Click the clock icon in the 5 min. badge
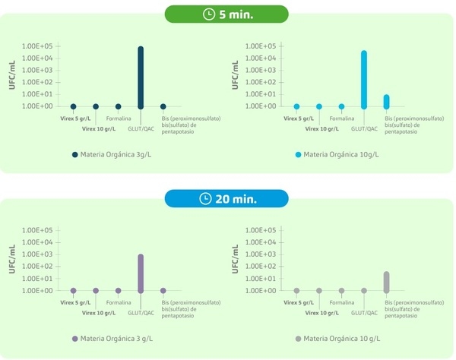pos(210,14)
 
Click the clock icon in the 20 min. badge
pos(205,199)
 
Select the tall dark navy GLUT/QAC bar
pos(141,76)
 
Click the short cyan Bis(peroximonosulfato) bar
pos(386,101)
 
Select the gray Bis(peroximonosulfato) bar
pos(386,282)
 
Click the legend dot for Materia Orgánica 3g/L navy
pos(75,154)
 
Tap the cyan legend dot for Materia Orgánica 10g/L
pos(299,154)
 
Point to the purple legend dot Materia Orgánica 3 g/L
pos(74,339)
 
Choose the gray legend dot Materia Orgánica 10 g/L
pos(298,339)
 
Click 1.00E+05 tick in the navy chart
pos(36,46)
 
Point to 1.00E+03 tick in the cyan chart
pos(260,71)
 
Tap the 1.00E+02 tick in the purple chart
pos(36,267)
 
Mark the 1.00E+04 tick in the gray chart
pos(260,242)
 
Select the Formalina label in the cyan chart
pos(341,118)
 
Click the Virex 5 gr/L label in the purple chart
pos(74,303)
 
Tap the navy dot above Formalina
pos(119,106)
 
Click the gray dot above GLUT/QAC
pos(364,290)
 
